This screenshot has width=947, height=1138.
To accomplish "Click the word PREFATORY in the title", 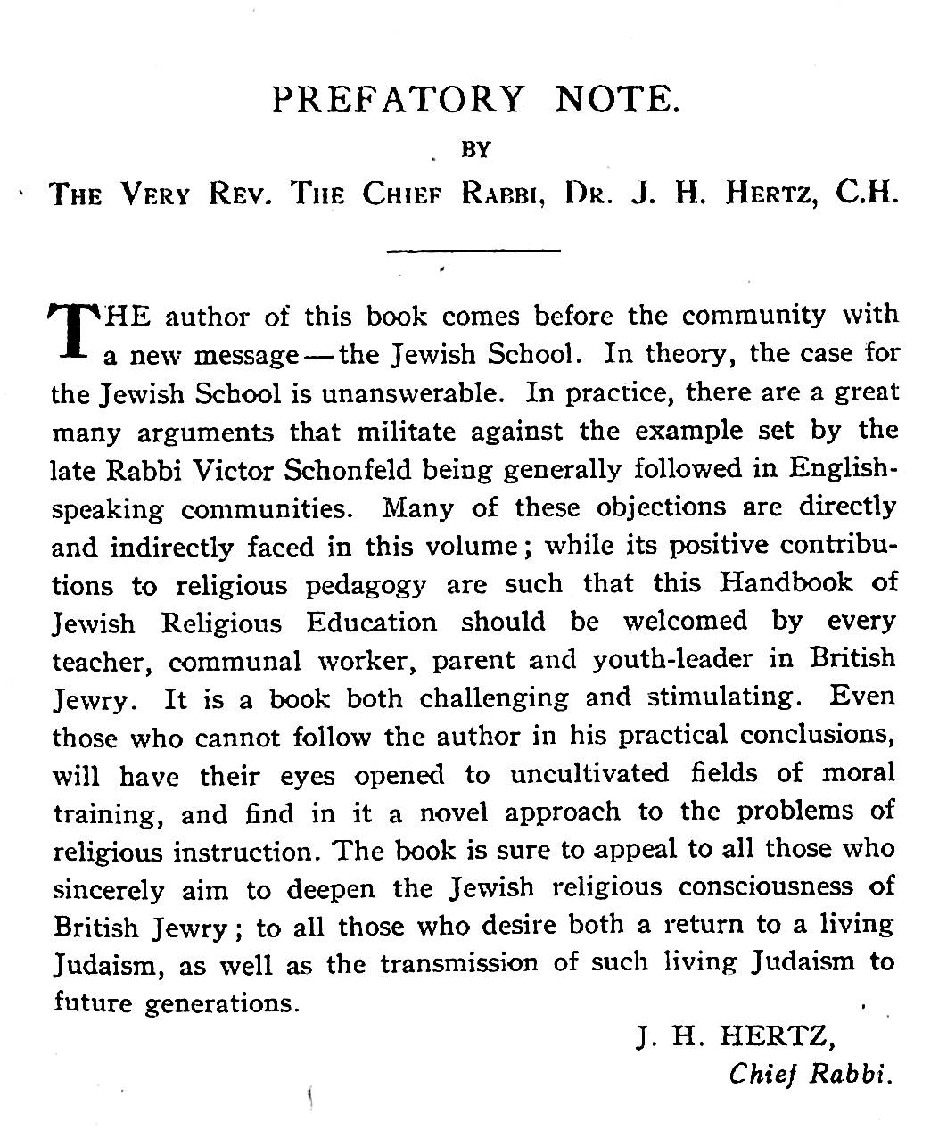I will [398, 100].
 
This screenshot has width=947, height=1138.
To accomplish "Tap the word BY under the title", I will [477, 149].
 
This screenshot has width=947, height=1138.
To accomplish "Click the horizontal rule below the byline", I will [473, 251].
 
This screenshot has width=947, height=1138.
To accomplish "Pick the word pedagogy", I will [366, 585].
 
